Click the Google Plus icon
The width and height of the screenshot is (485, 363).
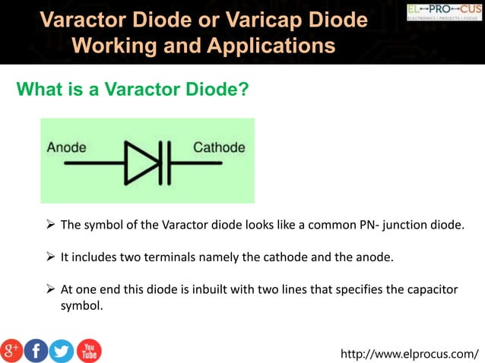[12, 349]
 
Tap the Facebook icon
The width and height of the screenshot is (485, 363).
[36, 349]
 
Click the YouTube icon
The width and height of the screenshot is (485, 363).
[88, 349]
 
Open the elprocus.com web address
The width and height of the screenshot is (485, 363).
[411, 353]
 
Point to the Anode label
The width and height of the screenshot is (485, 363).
[66, 147]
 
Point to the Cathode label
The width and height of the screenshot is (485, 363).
[219, 147]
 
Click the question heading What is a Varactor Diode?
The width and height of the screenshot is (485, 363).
[133, 90]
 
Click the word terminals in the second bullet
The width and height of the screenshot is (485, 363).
[171, 257]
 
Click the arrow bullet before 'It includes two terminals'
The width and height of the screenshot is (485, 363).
[51, 257]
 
